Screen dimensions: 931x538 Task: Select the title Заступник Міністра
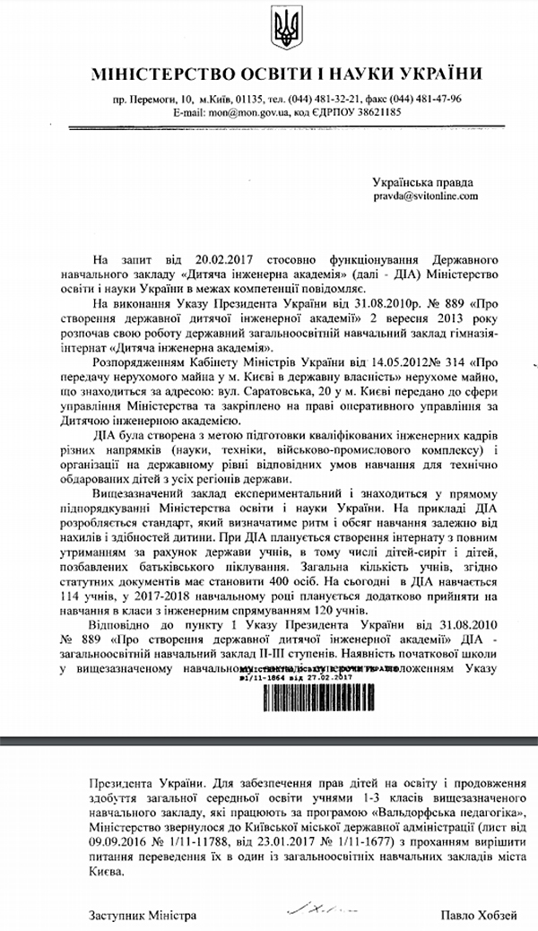(x=142, y=915)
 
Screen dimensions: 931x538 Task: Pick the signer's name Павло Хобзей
(x=477, y=915)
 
